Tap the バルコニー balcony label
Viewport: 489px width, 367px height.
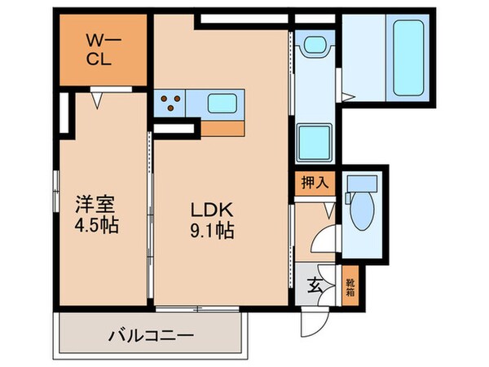click(x=149, y=335)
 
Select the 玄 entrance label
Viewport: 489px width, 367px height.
click(x=314, y=285)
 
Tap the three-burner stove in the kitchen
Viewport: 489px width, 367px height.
click(x=172, y=104)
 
